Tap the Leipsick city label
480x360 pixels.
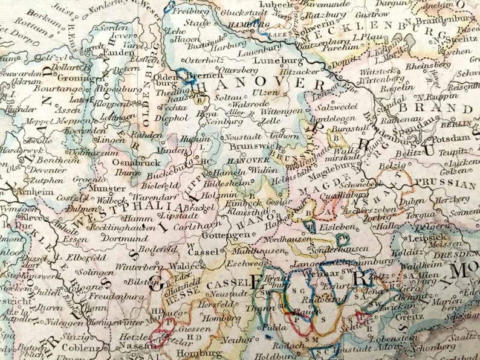(424, 237)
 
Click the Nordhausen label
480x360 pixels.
(287, 239)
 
